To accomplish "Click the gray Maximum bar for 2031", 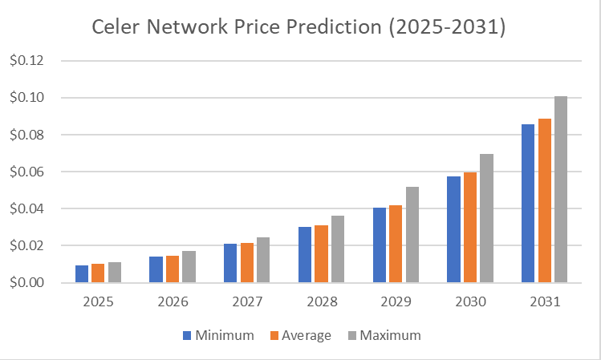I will click(x=561, y=189).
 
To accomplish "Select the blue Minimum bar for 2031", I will click(x=528, y=204).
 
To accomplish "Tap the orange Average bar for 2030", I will click(x=470, y=228).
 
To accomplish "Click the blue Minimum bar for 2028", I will click(x=305, y=255).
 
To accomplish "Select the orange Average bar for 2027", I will click(x=247, y=263).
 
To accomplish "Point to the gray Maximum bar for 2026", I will click(x=189, y=267).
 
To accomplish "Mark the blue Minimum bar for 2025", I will click(x=82, y=274).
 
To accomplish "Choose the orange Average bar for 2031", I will click(x=544, y=200).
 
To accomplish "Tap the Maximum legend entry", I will click(x=383, y=334).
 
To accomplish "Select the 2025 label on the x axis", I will click(x=98, y=303).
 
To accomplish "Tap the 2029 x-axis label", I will click(x=396, y=303).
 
